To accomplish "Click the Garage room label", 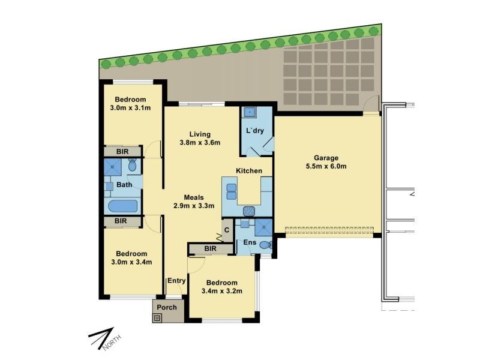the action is (x=326, y=158).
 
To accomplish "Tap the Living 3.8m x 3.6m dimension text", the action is (x=200, y=142).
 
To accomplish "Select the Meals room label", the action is (x=194, y=197).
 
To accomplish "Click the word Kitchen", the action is (x=249, y=171).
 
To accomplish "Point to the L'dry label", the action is (x=254, y=131).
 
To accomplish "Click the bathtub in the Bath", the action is (x=123, y=206).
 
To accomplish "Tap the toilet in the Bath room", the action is (x=132, y=164).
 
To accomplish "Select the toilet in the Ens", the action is (x=266, y=245).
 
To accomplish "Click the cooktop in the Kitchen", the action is (x=249, y=211).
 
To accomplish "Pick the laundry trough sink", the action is (x=250, y=113).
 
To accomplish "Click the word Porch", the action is (x=167, y=307).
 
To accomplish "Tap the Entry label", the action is (x=176, y=281).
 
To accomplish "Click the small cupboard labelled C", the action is (x=227, y=230).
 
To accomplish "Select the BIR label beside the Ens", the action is (x=211, y=248).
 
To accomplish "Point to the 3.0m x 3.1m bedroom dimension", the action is (x=130, y=108).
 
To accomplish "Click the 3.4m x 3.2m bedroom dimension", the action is (x=222, y=291).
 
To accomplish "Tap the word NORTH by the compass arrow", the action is (x=112, y=343).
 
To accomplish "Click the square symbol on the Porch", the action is (x=157, y=319).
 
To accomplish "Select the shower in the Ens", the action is (x=263, y=227).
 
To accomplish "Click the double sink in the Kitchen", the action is (x=232, y=191).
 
